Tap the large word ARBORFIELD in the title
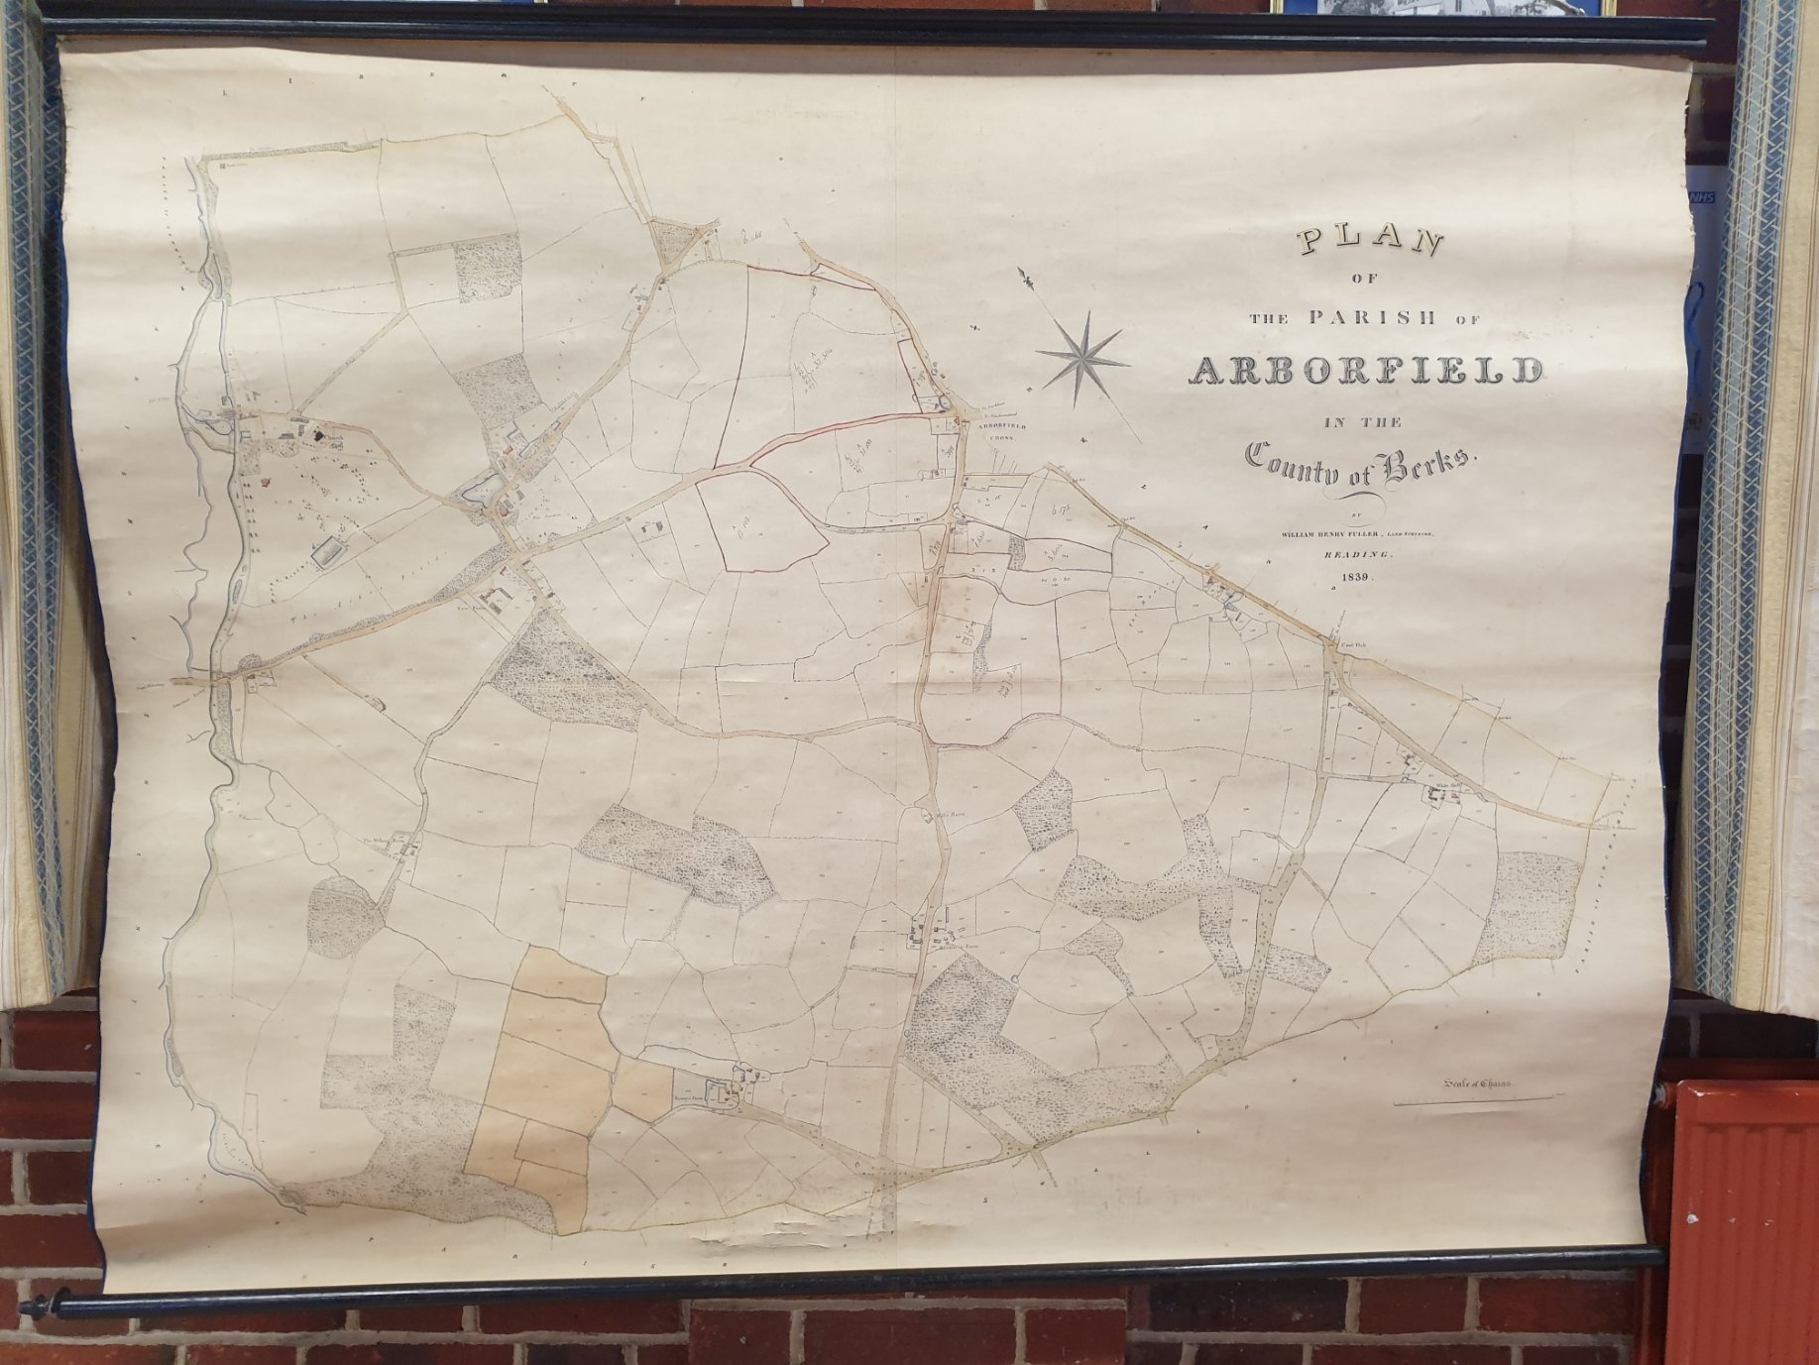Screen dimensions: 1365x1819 click(1365, 370)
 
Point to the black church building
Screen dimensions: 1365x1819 click(317, 432)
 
